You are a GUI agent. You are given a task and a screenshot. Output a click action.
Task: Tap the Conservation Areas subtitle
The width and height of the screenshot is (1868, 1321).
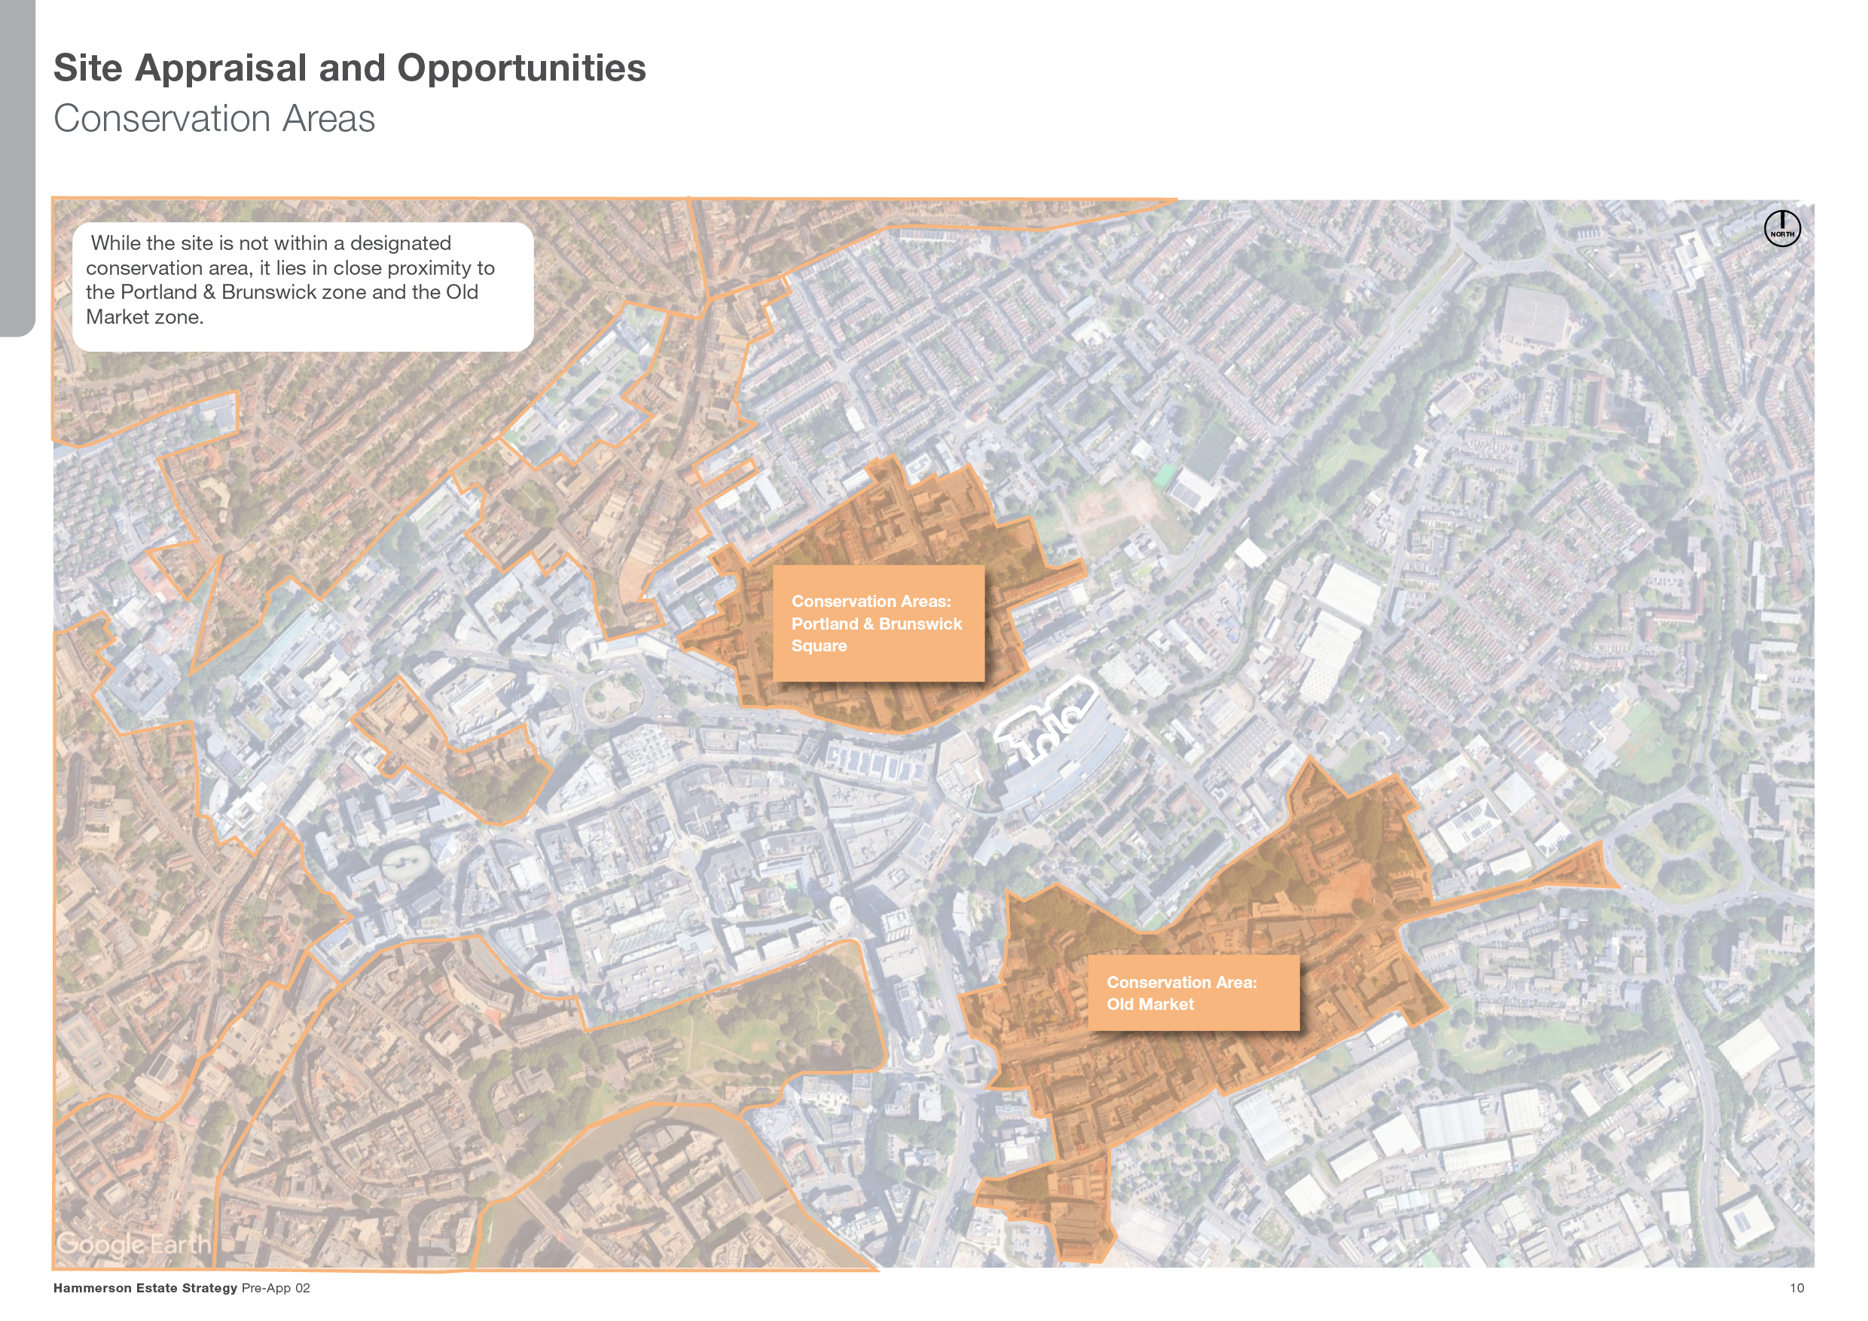click(x=214, y=119)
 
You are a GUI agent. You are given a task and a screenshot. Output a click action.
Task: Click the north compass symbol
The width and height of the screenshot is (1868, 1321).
click(x=1782, y=227)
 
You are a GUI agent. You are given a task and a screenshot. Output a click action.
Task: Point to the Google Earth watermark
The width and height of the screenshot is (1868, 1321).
click(x=133, y=1243)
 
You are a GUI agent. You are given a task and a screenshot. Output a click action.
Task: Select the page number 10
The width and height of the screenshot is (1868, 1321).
click(x=1796, y=1288)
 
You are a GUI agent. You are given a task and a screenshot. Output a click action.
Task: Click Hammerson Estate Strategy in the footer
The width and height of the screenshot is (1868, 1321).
click(x=145, y=1288)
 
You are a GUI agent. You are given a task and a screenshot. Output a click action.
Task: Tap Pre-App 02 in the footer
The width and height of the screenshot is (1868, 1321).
click(x=276, y=1288)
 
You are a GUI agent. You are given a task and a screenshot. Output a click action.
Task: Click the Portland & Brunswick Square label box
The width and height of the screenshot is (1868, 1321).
click(x=878, y=623)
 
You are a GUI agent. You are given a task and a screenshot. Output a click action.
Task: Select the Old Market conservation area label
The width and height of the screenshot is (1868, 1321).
click(x=1192, y=993)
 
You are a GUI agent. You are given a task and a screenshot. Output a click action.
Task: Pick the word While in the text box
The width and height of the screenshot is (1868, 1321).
click(x=114, y=243)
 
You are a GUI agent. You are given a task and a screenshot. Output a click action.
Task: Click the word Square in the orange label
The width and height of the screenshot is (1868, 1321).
click(x=819, y=646)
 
